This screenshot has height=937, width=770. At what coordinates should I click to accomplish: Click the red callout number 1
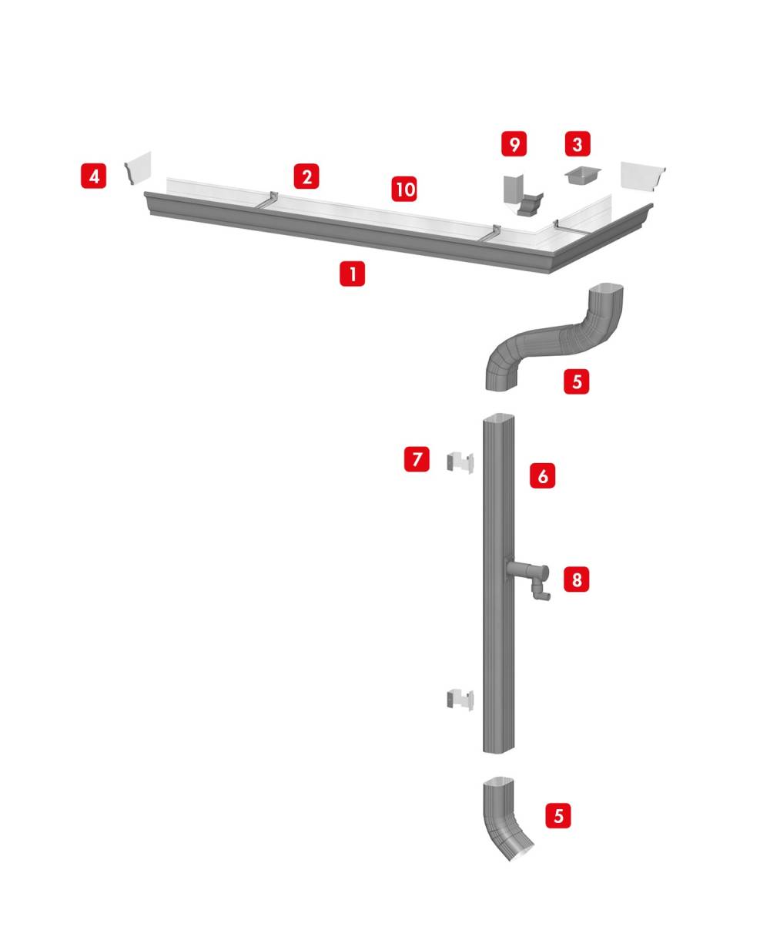point(352,274)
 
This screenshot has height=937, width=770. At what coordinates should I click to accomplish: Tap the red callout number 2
point(306,176)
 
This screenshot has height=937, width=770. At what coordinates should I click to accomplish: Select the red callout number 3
point(577,143)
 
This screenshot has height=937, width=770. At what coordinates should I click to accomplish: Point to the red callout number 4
point(93,176)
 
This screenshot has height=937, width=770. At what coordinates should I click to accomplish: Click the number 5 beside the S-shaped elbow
point(577,381)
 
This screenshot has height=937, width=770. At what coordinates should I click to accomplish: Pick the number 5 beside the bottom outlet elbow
point(558,816)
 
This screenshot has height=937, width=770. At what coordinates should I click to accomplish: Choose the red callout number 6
point(543,476)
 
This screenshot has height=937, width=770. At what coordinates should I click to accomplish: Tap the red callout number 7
point(417,459)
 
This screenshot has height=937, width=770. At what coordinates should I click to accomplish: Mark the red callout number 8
point(577,579)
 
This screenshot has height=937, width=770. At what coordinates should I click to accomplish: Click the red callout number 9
point(514,143)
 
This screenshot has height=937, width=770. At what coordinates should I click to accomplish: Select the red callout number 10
point(404,189)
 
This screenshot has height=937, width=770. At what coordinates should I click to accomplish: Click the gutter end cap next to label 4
point(138,169)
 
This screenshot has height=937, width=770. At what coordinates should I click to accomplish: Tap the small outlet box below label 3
point(582,176)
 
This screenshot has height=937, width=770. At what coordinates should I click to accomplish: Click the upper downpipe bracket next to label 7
point(460,463)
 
